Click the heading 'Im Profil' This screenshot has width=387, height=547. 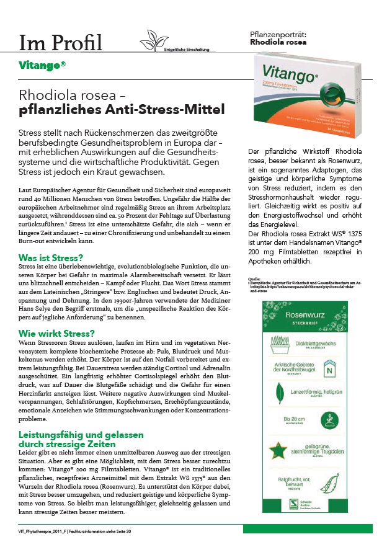(60, 43)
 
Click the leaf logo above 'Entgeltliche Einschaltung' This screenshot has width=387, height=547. (153, 37)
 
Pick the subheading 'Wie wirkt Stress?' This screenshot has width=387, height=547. (56, 333)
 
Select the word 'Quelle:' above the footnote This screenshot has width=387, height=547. (253, 280)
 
